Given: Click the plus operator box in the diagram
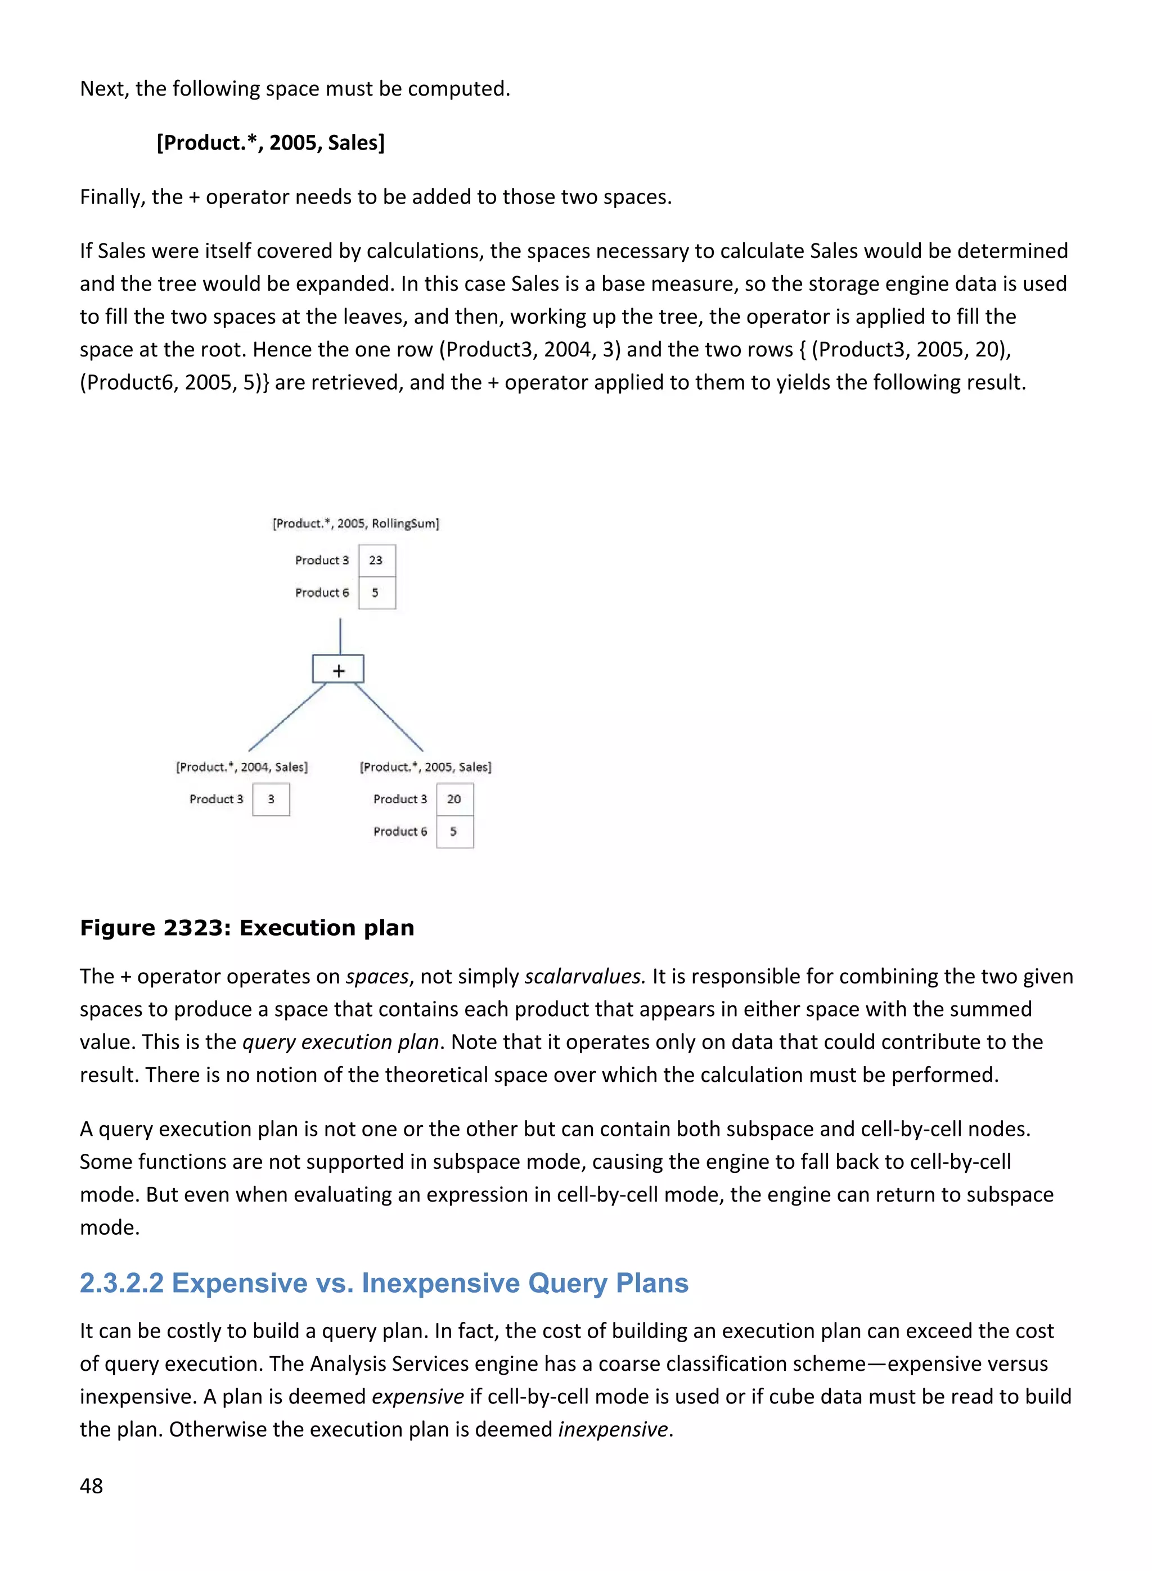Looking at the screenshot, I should tap(338, 670).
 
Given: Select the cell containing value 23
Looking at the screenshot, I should tap(376, 561).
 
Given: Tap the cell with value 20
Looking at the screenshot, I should tap(454, 800).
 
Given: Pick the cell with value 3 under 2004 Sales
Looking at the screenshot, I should tap(271, 800).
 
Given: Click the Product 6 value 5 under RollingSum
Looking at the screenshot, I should tap(376, 593).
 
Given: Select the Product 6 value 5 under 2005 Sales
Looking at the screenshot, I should tap(454, 832).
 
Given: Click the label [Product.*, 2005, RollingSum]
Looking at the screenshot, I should tap(355, 523).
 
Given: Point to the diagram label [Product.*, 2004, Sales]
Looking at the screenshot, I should tap(241, 767).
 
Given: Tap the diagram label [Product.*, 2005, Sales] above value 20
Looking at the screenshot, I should tap(425, 767).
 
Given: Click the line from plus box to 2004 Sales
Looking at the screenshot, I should tap(287, 717).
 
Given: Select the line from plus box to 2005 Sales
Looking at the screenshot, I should tap(389, 717).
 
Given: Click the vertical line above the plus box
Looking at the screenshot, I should tap(340, 635).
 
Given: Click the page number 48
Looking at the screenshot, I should tap(91, 1486).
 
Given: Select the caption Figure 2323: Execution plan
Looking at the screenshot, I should tap(247, 928).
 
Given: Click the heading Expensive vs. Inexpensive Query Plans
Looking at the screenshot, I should tap(384, 1283).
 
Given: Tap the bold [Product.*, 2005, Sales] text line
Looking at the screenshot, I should tap(271, 143).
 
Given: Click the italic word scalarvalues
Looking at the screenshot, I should tap(584, 977).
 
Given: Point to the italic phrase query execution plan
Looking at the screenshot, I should tap(340, 1042).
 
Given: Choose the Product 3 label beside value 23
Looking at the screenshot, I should tap(322, 561).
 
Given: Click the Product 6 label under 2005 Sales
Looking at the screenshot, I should tap(399, 832).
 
